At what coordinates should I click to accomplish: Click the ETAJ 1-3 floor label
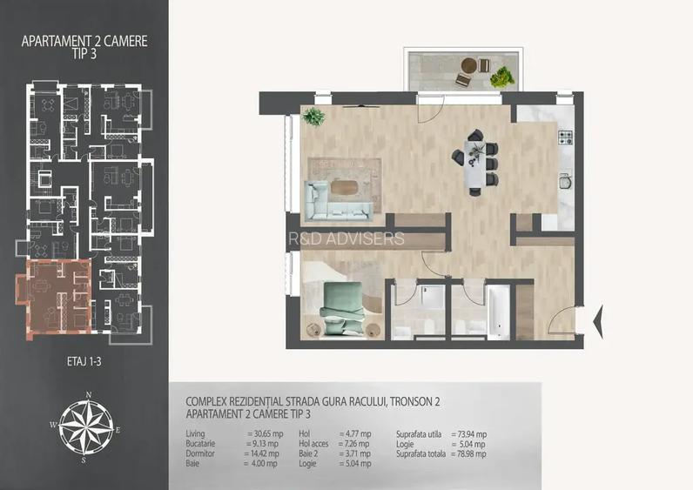coord(83,357)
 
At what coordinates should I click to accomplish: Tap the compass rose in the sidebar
coord(83,426)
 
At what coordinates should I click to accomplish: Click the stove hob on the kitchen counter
coord(563,137)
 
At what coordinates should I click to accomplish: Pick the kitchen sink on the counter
coord(564,183)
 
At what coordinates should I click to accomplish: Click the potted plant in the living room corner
coord(313,116)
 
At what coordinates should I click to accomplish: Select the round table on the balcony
coord(470,65)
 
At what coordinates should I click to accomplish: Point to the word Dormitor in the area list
coord(202,453)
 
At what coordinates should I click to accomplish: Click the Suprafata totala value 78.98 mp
coord(469,453)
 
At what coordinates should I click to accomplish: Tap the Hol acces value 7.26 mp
coord(353,443)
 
